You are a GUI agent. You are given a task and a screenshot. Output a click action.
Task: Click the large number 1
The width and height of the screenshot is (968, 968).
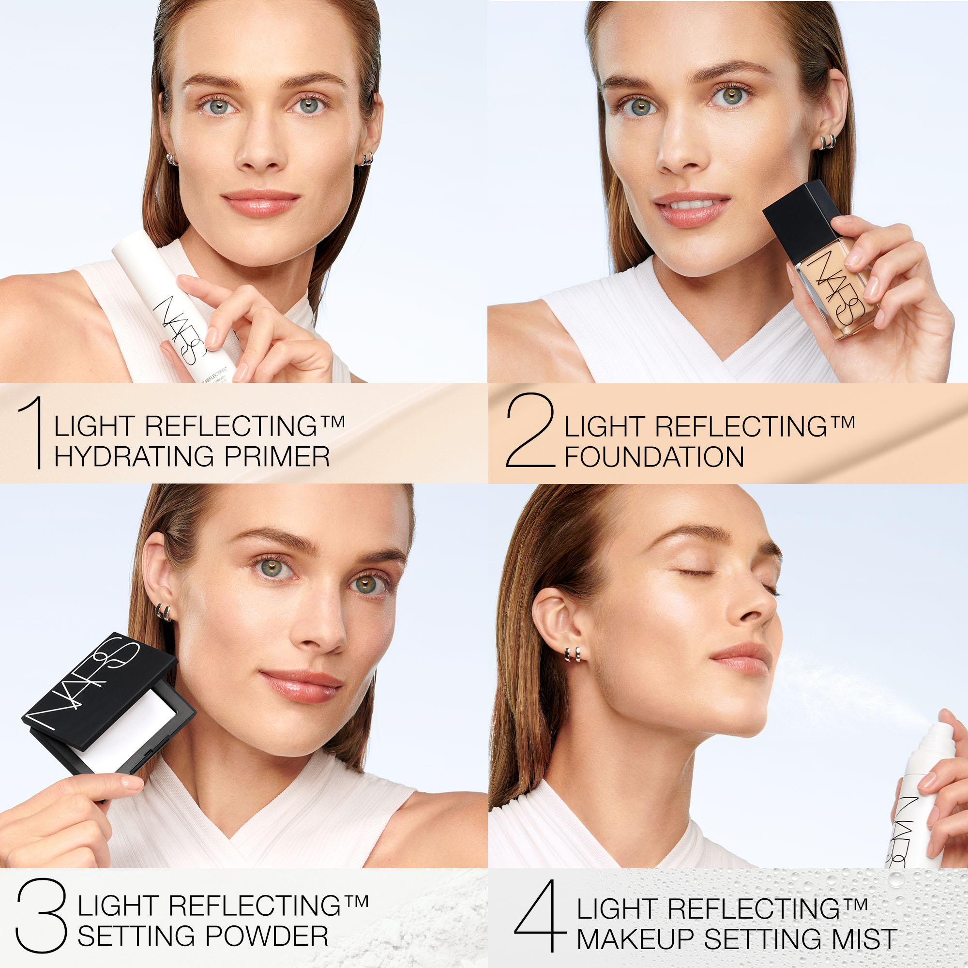tap(33, 432)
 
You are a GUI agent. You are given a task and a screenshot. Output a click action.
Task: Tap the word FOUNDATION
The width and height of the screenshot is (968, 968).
tap(654, 457)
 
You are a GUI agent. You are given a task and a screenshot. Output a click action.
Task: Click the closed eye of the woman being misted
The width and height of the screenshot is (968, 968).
tap(693, 572)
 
